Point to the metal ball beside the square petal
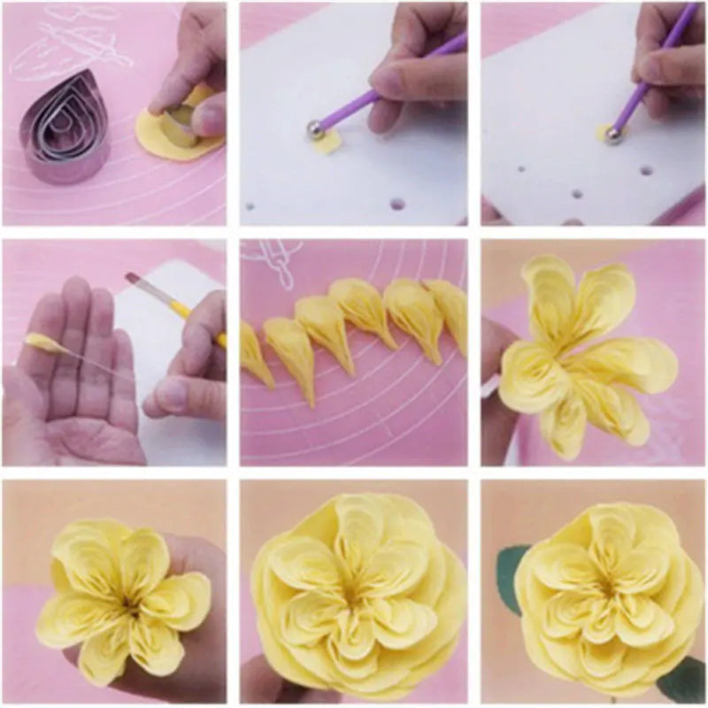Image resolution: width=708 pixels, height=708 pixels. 316,130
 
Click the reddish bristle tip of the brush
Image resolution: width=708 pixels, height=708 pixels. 133,279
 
